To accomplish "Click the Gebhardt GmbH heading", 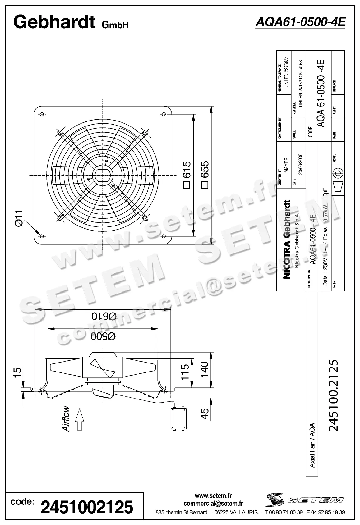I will tap(71, 22).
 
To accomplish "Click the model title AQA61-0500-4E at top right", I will tap(300, 22).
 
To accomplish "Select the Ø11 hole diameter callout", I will tap(19, 218).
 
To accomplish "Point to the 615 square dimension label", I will tap(187, 174).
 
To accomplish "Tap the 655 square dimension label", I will tap(205, 174).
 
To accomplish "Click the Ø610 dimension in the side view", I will tap(104, 316).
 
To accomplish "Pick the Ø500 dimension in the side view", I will tap(103, 336).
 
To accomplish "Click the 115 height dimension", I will tap(185, 372).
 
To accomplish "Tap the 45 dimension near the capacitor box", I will tap(205, 413).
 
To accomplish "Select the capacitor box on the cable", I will tap(178, 418).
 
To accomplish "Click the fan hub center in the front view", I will tap(103, 175).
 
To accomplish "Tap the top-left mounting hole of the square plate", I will tap(42, 114).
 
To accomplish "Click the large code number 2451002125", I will tap(87, 507).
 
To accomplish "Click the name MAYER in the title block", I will tap(286, 165).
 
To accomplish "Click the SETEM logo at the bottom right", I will tap(305, 500).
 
